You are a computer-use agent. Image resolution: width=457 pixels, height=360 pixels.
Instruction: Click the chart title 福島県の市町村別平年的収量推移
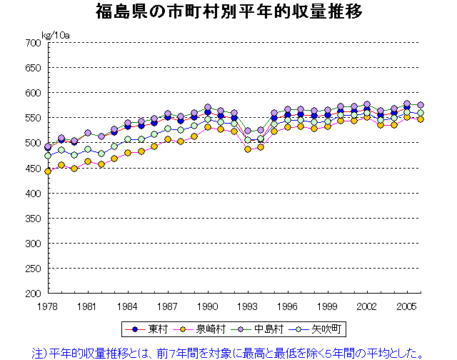(x=228, y=12)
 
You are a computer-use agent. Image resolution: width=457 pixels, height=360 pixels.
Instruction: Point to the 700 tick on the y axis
(x=33, y=43)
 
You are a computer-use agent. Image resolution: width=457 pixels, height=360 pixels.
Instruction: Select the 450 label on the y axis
(x=33, y=169)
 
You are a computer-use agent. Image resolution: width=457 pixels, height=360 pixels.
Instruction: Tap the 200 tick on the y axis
(x=33, y=294)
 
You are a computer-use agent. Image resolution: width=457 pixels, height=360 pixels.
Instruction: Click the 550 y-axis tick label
(x=33, y=118)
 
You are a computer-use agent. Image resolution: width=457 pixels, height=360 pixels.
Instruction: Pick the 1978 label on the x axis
(x=48, y=305)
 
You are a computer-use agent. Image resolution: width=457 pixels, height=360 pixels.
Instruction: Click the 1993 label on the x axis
(x=247, y=305)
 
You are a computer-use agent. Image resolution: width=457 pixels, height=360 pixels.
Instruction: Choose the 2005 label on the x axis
(x=407, y=305)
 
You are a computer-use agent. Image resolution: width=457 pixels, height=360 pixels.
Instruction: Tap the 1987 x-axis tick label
(x=168, y=305)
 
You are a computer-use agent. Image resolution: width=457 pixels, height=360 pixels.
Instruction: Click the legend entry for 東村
(x=147, y=329)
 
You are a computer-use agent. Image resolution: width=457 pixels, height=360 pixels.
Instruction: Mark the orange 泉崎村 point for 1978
(x=48, y=171)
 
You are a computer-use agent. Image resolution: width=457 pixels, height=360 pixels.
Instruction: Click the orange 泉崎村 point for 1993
(x=248, y=149)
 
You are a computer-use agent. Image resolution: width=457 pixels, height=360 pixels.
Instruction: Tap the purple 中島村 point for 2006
(x=421, y=105)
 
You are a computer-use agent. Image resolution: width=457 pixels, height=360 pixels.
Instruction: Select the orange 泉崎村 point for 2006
(x=421, y=119)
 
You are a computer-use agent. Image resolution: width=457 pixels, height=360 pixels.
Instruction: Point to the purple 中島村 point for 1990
(x=208, y=108)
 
